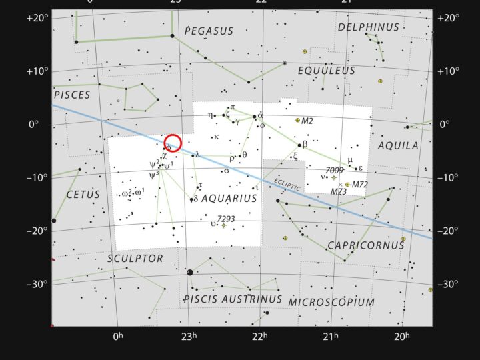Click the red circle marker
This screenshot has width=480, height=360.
click(173, 143)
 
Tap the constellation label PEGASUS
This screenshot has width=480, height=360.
click(209, 31)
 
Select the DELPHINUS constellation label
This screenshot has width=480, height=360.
click(368, 27)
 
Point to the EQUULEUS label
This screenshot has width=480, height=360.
click(327, 70)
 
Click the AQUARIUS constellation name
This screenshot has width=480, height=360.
click(229, 198)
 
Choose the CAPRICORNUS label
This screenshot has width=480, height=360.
click(365, 245)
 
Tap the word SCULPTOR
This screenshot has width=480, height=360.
click(135, 258)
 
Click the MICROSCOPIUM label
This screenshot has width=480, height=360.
click(331, 302)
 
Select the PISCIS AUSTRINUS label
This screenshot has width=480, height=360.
click(233, 299)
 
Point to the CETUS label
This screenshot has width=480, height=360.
click(83, 195)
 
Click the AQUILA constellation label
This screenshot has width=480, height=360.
click(398, 145)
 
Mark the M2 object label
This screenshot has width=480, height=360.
click(307, 121)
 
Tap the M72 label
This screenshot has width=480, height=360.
click(359, 185)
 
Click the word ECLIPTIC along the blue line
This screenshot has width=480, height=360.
click(288, 185)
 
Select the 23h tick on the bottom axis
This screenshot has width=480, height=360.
click(191, 336)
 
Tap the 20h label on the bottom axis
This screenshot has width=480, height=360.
click(401, 336)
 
